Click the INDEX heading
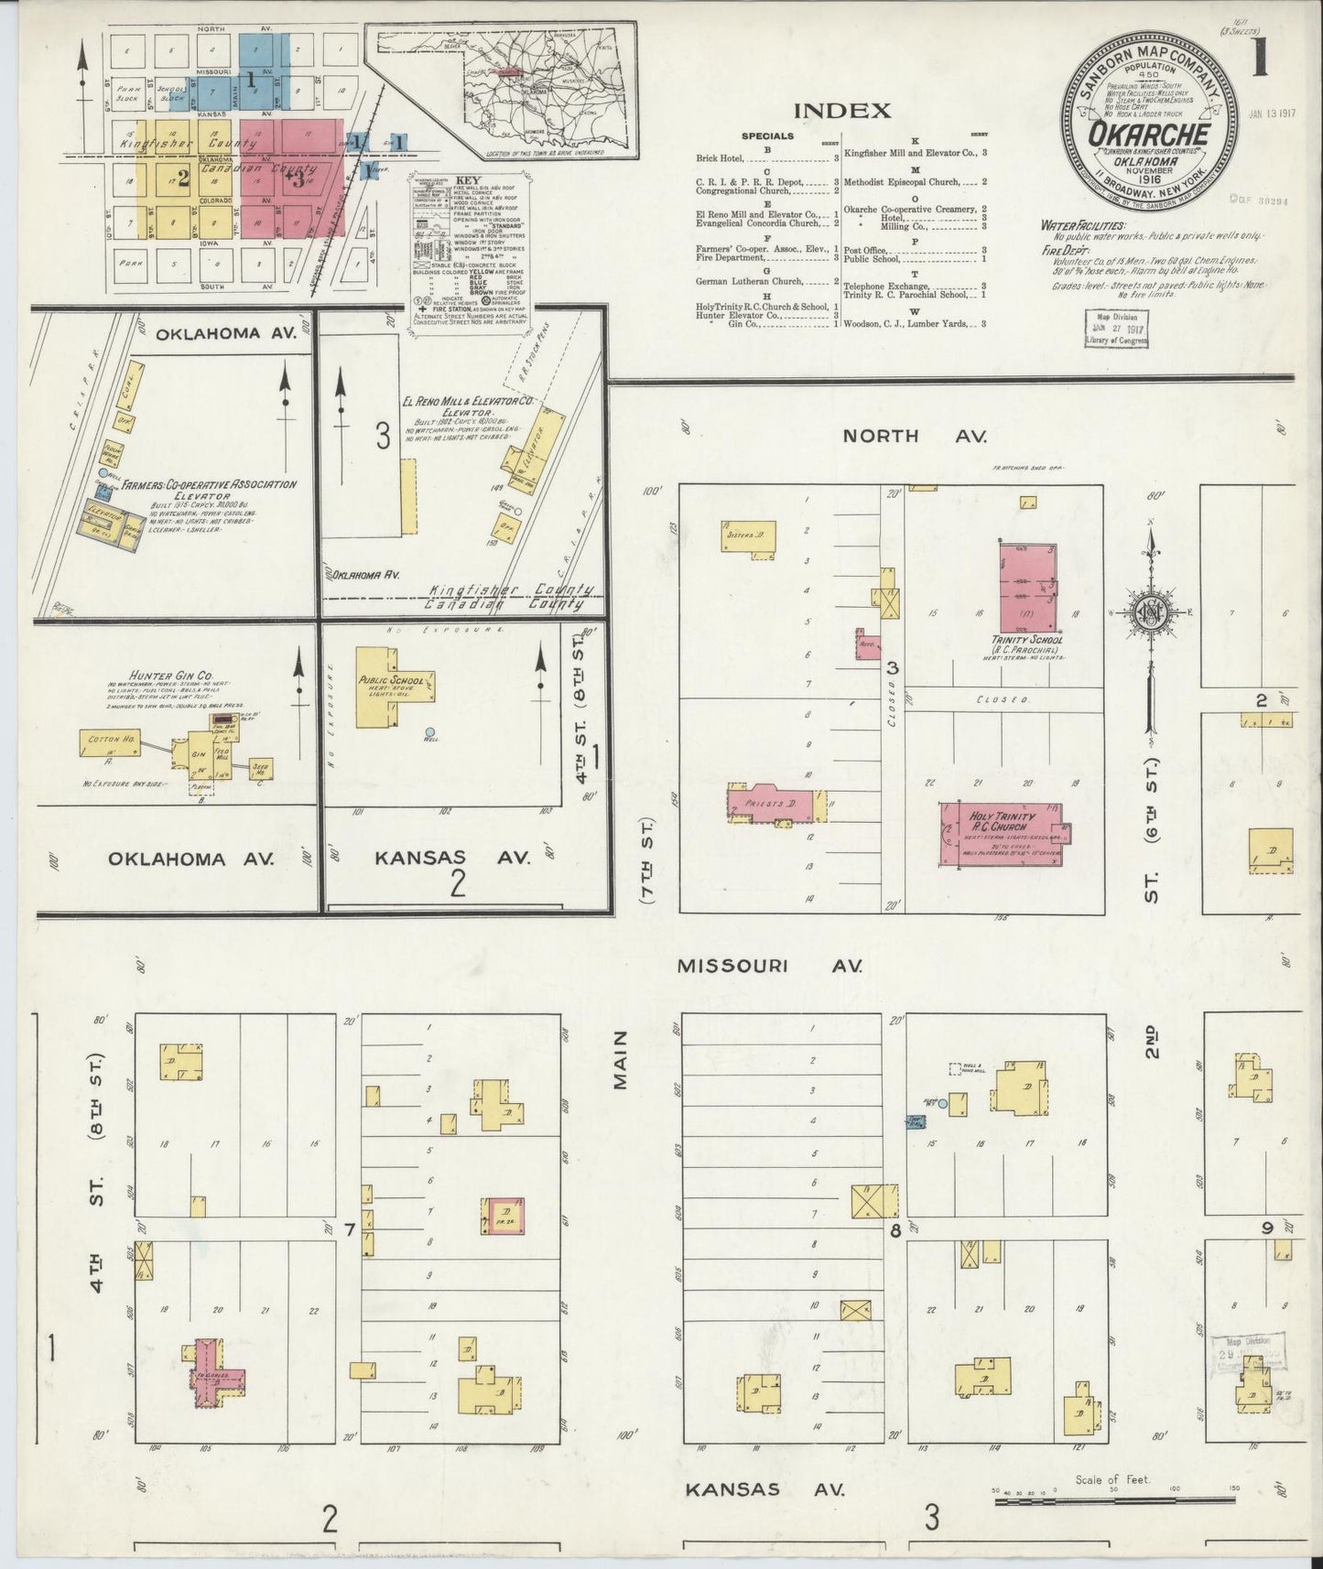(x=841, y=111)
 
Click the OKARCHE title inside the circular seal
(x=1147, y=135)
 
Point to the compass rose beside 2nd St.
(x=1150, y=613)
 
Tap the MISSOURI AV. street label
(x=770, y=965)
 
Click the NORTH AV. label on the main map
(x=913, y=436)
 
